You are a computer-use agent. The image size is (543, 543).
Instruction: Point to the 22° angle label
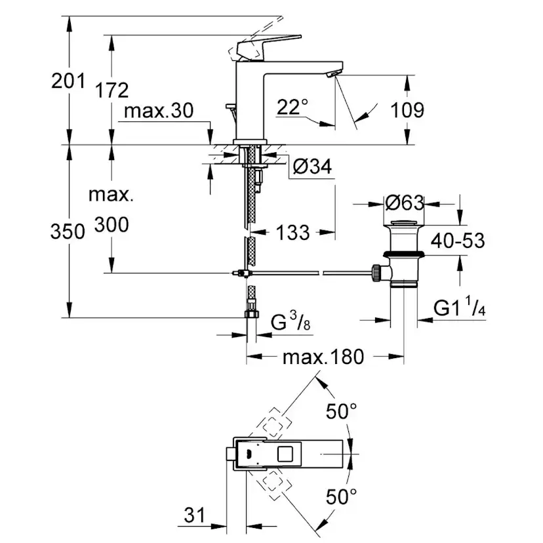(292, 107)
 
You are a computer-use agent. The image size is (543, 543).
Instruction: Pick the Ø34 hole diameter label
(311, 168)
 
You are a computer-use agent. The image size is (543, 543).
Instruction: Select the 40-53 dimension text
(457, 241)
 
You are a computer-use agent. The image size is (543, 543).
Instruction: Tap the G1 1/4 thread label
(459, 307)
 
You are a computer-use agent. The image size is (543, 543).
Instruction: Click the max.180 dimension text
(323, 357)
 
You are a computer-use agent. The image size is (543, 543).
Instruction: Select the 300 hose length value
(111, 225)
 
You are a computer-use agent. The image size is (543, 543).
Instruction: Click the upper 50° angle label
(342, 412)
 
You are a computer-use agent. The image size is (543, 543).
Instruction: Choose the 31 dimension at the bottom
(195, 515)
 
